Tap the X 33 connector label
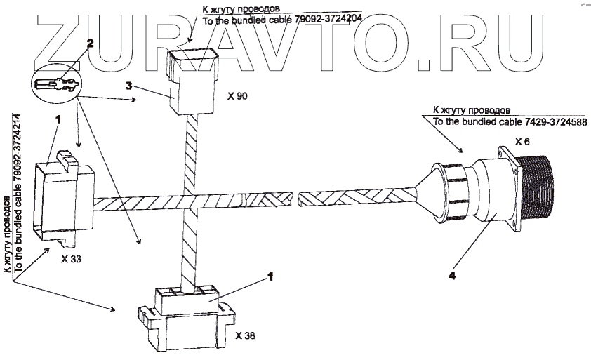point(71,259)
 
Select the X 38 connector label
point(246,335)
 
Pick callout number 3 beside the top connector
point(128,86)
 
